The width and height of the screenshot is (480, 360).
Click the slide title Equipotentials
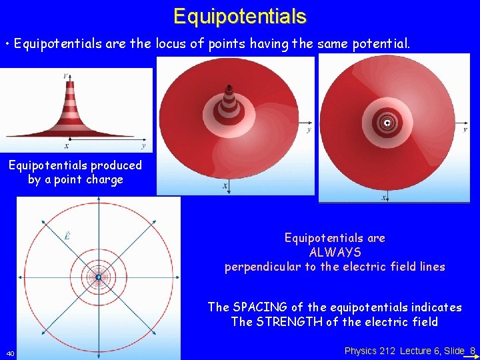[239, 16]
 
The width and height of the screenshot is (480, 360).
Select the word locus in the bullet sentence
[173, 45]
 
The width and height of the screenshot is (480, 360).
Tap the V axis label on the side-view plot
[64, 76]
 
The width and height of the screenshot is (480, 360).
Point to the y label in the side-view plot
[144, 145]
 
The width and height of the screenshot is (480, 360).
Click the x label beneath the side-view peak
[66, 145]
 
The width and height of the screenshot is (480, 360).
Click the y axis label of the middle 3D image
[308, 131]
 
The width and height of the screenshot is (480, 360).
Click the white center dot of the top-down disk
[387, 123]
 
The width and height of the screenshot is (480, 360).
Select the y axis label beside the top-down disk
[465, 129]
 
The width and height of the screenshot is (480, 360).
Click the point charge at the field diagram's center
[98, 277]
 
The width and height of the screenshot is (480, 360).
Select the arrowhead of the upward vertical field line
[98, 203]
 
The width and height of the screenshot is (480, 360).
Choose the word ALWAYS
[335, 253]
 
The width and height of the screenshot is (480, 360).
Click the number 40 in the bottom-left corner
[10, 353]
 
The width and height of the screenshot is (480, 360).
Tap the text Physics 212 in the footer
[370, 351]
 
